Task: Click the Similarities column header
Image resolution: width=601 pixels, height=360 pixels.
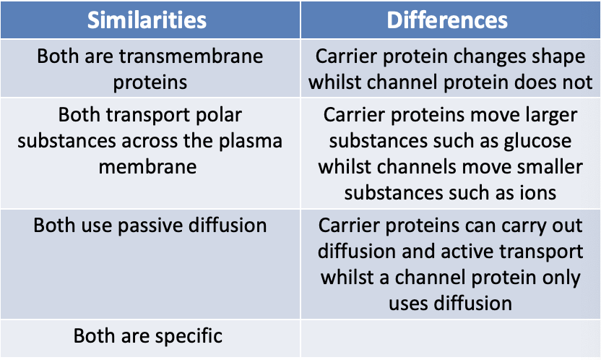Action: [147, 20]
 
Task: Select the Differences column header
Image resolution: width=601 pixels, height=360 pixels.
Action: [447, 20]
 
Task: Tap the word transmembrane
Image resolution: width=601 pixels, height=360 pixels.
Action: [191, 56]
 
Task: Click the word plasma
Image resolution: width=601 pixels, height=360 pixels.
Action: [250, 141]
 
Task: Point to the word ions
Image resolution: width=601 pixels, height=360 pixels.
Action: [537, 193]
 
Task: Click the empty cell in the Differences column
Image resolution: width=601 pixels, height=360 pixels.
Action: [450, 338]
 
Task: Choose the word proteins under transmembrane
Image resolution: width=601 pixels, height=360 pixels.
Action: [150, 83]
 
